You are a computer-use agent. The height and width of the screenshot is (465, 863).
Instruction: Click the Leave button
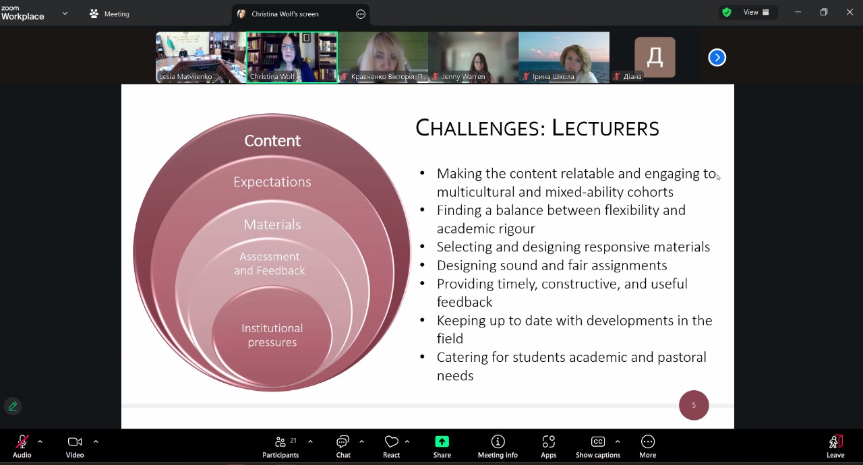835,446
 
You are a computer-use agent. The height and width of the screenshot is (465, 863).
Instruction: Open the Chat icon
343,441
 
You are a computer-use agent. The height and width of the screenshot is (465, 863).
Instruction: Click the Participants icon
280,441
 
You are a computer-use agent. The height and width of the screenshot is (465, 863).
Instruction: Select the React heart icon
392,441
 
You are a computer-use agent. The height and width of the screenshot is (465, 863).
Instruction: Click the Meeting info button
498,446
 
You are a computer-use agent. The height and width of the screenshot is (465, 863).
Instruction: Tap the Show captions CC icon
598,441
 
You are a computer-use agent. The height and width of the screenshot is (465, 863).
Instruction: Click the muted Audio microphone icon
22,441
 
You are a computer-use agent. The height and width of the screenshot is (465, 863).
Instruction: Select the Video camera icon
75,441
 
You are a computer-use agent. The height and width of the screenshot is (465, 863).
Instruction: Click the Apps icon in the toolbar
549,441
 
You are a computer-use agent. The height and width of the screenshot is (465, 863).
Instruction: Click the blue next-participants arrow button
717,57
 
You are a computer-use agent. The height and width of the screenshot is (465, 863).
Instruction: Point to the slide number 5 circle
694,405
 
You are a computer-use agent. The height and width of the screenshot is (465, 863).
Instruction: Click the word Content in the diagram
272,140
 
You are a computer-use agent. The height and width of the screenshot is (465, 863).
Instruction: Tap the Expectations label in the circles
272,182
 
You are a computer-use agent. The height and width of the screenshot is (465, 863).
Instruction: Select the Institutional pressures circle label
272,336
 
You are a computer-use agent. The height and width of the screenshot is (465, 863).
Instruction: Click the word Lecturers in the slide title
605,128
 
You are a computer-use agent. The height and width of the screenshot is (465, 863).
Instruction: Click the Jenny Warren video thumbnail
473,57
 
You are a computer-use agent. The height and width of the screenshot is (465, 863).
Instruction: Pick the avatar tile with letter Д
655,57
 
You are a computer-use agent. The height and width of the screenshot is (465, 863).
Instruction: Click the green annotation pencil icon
13,406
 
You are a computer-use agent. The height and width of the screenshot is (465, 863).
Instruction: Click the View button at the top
756,12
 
